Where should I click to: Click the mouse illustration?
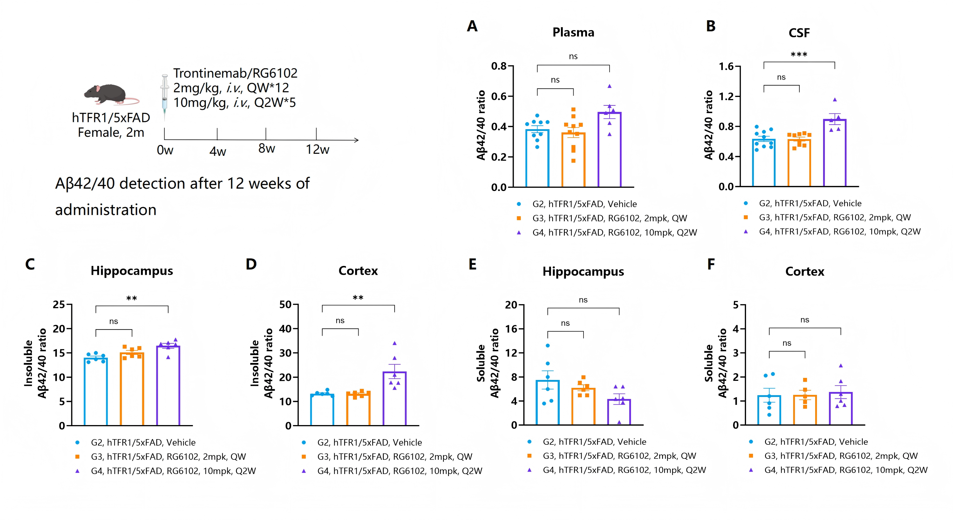111,95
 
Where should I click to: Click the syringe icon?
165,97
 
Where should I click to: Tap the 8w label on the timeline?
266,149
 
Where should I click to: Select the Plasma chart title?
573,33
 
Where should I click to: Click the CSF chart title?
799,33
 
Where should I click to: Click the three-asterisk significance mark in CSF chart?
799,55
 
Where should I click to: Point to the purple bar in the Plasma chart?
609,149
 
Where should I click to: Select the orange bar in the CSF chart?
799,163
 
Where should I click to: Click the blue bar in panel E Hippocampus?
547,403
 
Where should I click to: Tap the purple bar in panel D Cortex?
394,398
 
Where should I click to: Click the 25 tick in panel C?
59,305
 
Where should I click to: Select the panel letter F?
711,264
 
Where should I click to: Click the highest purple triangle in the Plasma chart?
609,86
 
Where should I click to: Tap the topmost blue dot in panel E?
547,346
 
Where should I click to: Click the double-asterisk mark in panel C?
132,298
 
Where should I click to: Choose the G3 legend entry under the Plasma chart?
602,219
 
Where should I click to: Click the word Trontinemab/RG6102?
235,73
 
